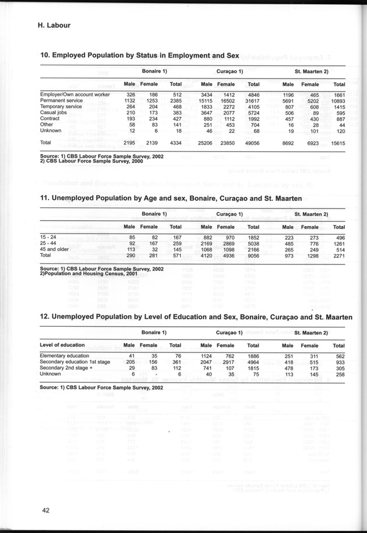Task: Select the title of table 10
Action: [139, 55]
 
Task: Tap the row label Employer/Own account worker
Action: [75, 94]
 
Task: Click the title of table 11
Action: [170, 198]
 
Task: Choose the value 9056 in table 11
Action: [251, 256]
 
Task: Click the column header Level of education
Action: [62, 345]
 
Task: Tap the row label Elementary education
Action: [64, 355]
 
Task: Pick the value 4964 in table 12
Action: [251, 362]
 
